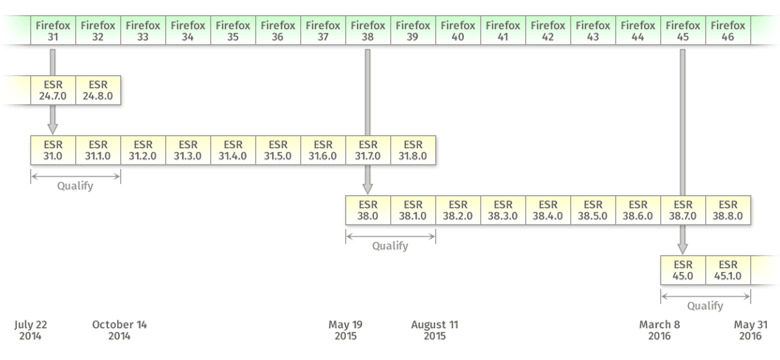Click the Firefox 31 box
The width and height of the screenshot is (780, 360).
(x=53, y=30)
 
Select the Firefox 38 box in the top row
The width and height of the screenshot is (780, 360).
(x=368, y=30)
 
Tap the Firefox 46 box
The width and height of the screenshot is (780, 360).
(x=728, y=30)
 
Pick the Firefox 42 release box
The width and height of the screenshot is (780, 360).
(x=548, y=30)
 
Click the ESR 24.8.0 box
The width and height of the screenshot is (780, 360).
(x=98, y=90)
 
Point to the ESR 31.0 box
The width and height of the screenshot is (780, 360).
(x=53, y=150)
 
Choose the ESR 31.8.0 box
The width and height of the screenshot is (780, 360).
(x=413, y=150)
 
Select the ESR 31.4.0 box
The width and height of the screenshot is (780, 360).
(x=233, y=150)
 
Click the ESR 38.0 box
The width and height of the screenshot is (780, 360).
(x=368, y=210)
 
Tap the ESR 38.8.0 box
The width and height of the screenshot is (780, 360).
(x=728, y=210)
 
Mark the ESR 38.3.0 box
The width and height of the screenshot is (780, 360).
(x=502, y=210)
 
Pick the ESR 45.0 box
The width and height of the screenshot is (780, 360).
(x=683, y=270)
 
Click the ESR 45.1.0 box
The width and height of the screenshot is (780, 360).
(x=728, y=270)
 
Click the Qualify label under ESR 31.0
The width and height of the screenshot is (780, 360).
(x=75, y=187)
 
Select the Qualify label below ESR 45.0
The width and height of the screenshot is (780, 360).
(x=705, y=307)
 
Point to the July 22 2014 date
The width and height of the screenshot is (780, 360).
(x=30, y=330)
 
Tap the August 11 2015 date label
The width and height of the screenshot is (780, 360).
(x=435, y=330)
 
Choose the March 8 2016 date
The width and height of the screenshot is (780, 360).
(x=660, y=330)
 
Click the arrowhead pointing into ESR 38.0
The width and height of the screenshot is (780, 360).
(x=367, y=188)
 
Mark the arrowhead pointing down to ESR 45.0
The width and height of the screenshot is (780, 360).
(x=682, y=248)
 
